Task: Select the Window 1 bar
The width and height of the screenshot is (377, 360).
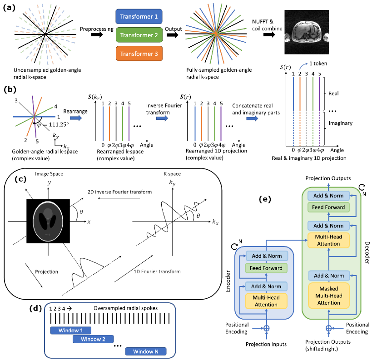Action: [x=70, y=330]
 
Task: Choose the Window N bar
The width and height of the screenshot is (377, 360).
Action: [x=146, y=351]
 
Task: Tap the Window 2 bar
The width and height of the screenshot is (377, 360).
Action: [x=93, y=339]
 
